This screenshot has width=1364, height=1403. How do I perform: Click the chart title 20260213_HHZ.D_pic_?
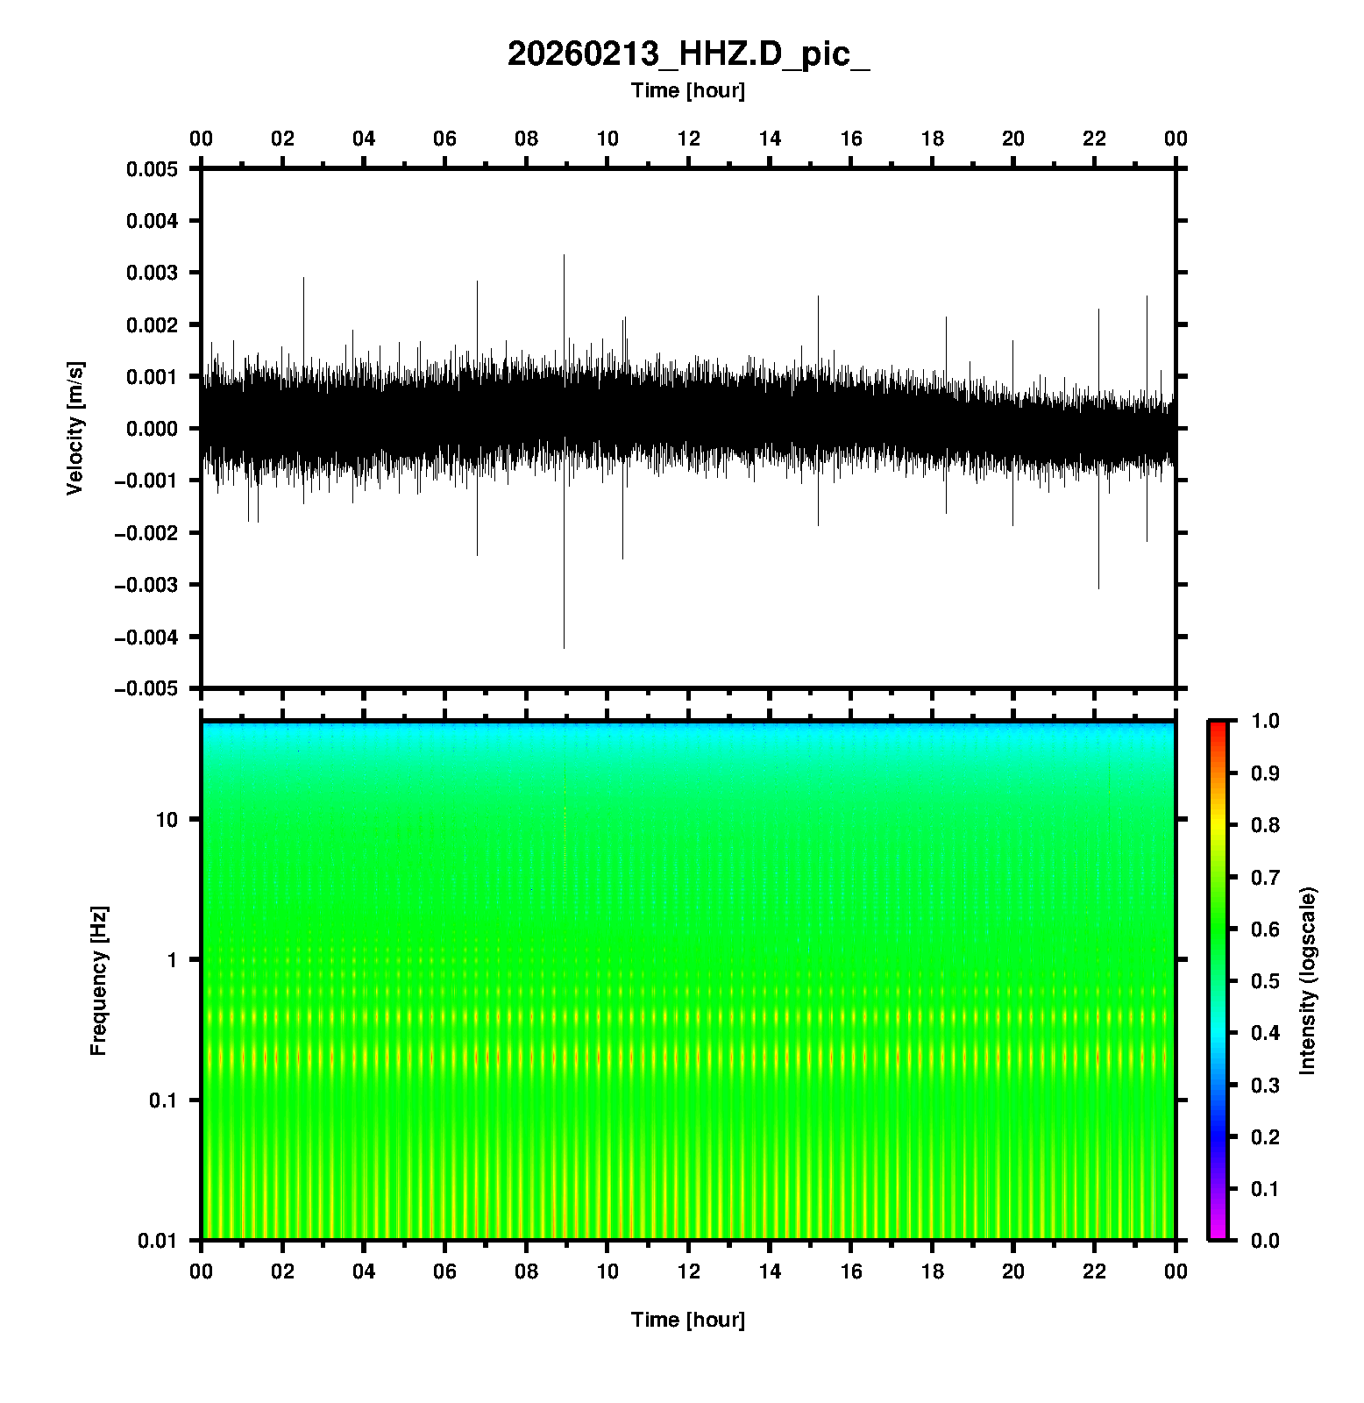tap(688, 54)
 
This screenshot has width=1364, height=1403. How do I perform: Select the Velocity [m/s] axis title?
tap(75, 428)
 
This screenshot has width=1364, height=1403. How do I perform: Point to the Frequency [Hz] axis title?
tap(98, 980)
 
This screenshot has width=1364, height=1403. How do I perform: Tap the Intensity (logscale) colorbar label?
tap(1308, 980)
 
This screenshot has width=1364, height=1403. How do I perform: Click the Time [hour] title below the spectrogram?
tap(688, 1320)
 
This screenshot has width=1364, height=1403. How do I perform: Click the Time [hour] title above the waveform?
tap(688, 90)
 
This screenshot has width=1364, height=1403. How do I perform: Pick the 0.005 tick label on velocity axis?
tap(153, 169)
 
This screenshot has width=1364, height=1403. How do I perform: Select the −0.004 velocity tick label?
tap(146, 637)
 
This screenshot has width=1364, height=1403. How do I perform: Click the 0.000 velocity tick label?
tap(153, 429)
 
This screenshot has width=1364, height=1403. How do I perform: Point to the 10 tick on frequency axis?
tap(167, 820)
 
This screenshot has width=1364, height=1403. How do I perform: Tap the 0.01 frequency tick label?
tap(159, 1240)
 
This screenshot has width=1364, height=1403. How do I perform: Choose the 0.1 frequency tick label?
tap(163, 1100)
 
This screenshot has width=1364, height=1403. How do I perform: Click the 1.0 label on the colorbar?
tap(1267, 721)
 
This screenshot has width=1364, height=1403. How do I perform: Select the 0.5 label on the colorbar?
tap(1267, 980)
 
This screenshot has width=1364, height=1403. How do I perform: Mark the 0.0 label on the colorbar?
tap(1267, 1240)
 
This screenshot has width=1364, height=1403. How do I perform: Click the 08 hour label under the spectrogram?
tap(526, 1271)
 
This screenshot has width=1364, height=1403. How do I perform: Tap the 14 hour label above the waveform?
tap(770, 139)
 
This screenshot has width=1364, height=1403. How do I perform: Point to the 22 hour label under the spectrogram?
tap(1095, 1271)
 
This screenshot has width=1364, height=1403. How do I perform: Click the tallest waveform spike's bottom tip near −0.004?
tap(564, 647)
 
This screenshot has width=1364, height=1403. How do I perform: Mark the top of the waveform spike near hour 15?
tap(818, 296)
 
